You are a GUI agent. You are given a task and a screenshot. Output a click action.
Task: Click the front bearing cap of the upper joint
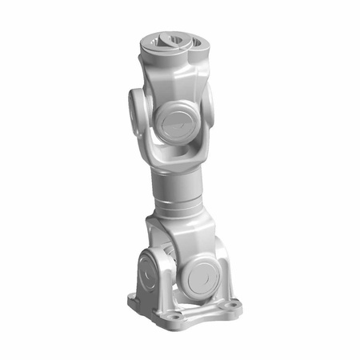pyautogui.click(x=174, y=121)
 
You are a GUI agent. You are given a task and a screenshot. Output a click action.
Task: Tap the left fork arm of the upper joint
pyautogui.click(x=149, y=132)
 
